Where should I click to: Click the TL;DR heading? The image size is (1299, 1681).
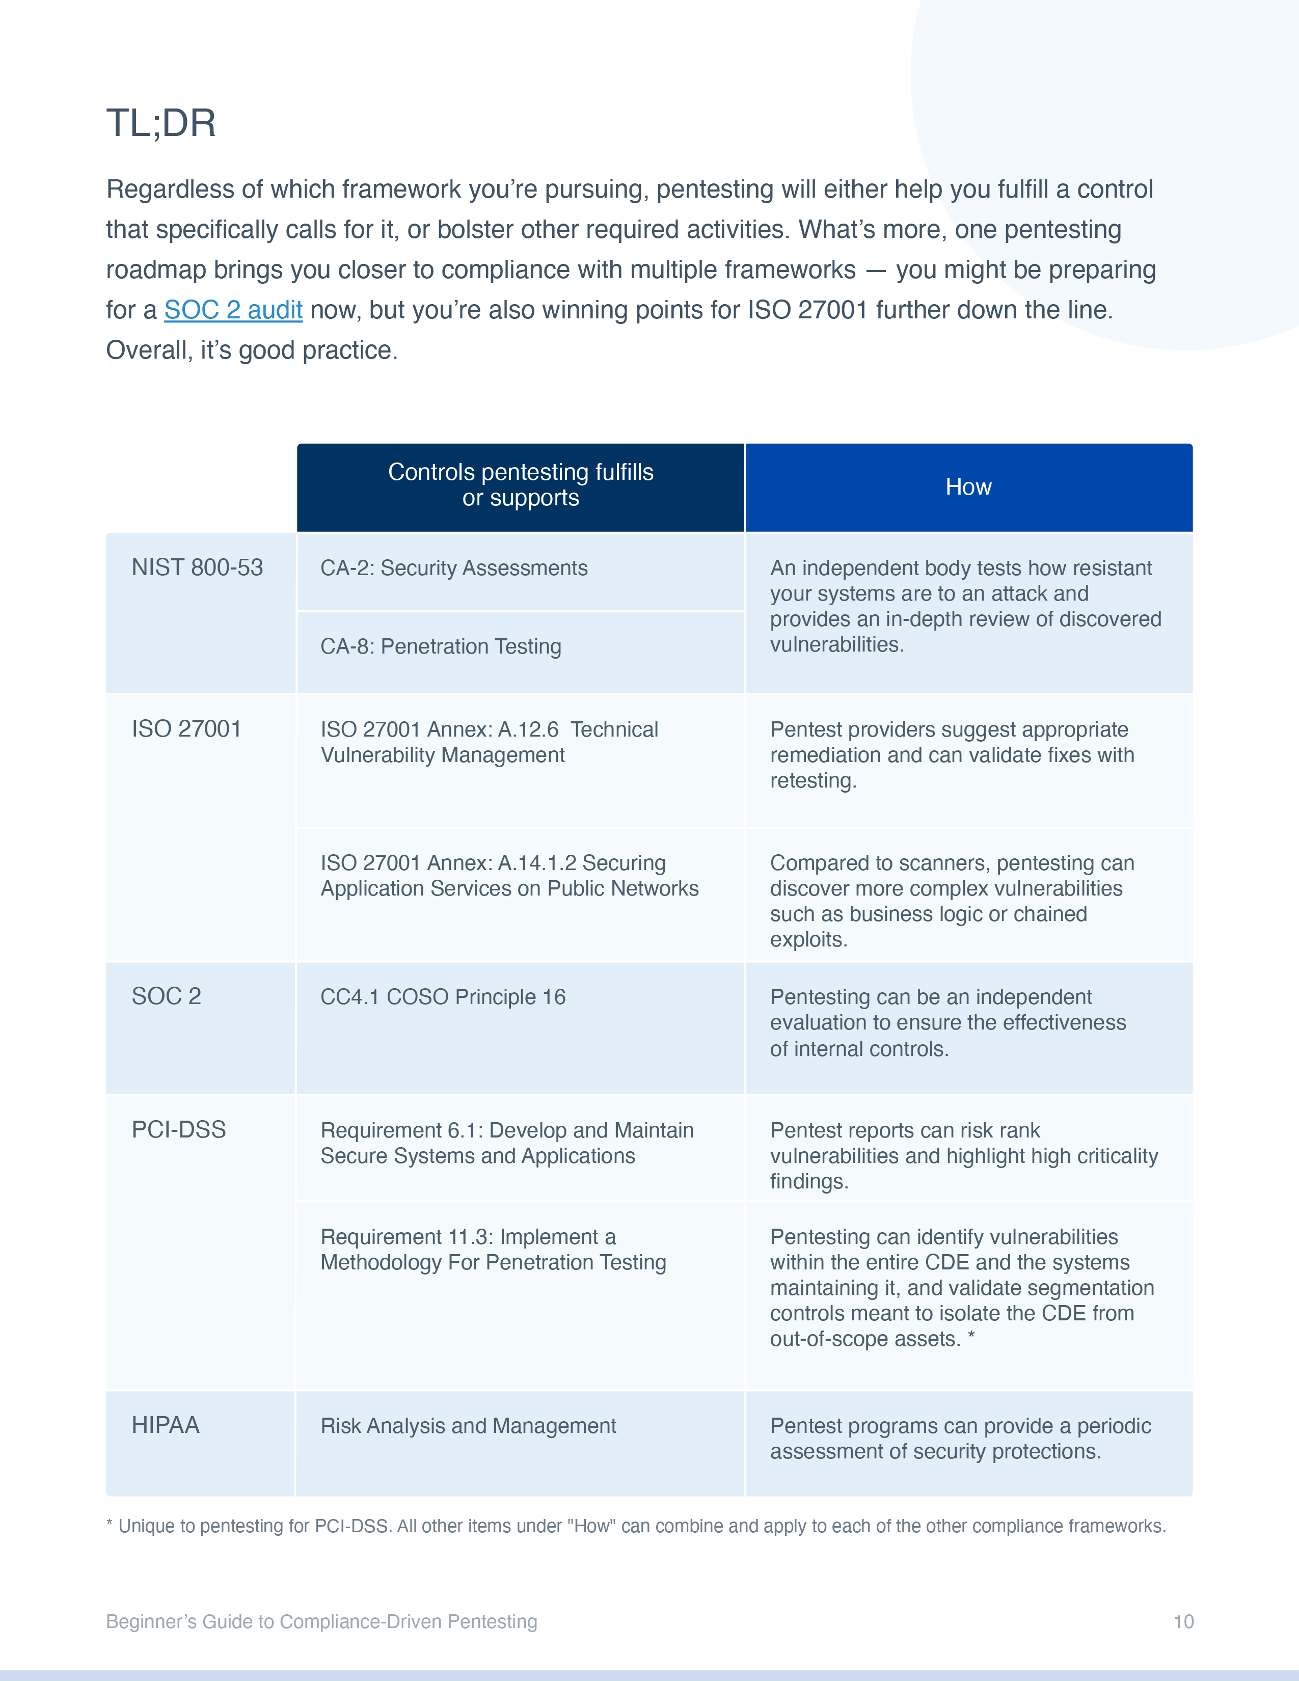[161, 123]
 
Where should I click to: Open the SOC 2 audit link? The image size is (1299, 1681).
[233, 310]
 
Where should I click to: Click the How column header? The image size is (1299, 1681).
[968, 487]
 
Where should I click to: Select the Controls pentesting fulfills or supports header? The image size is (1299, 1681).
[520, 485]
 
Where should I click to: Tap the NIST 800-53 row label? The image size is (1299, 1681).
[197, 568]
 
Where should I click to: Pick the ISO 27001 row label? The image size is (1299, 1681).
[186, 729]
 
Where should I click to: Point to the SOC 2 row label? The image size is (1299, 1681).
[166, 997]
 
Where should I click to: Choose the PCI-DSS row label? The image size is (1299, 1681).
[178, 1130]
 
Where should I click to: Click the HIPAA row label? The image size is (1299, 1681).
[166, 1425]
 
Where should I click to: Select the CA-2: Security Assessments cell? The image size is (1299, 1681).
[453, 569]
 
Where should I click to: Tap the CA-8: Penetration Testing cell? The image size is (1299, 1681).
[440, 646]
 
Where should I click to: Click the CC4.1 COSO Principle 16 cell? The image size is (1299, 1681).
[443, 997]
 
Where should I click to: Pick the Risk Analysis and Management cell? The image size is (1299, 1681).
[468, 1426]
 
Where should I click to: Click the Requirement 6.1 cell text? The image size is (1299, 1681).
[506, 1143]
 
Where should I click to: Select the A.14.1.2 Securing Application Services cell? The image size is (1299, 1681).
[509, 876]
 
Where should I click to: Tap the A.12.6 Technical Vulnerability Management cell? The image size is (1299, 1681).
[489, 742]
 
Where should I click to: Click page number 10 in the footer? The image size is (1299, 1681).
[1183, 1622]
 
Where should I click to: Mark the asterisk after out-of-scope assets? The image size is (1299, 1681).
[971, 1337]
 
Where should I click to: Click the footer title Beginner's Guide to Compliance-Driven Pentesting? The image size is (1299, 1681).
[321, 1622]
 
